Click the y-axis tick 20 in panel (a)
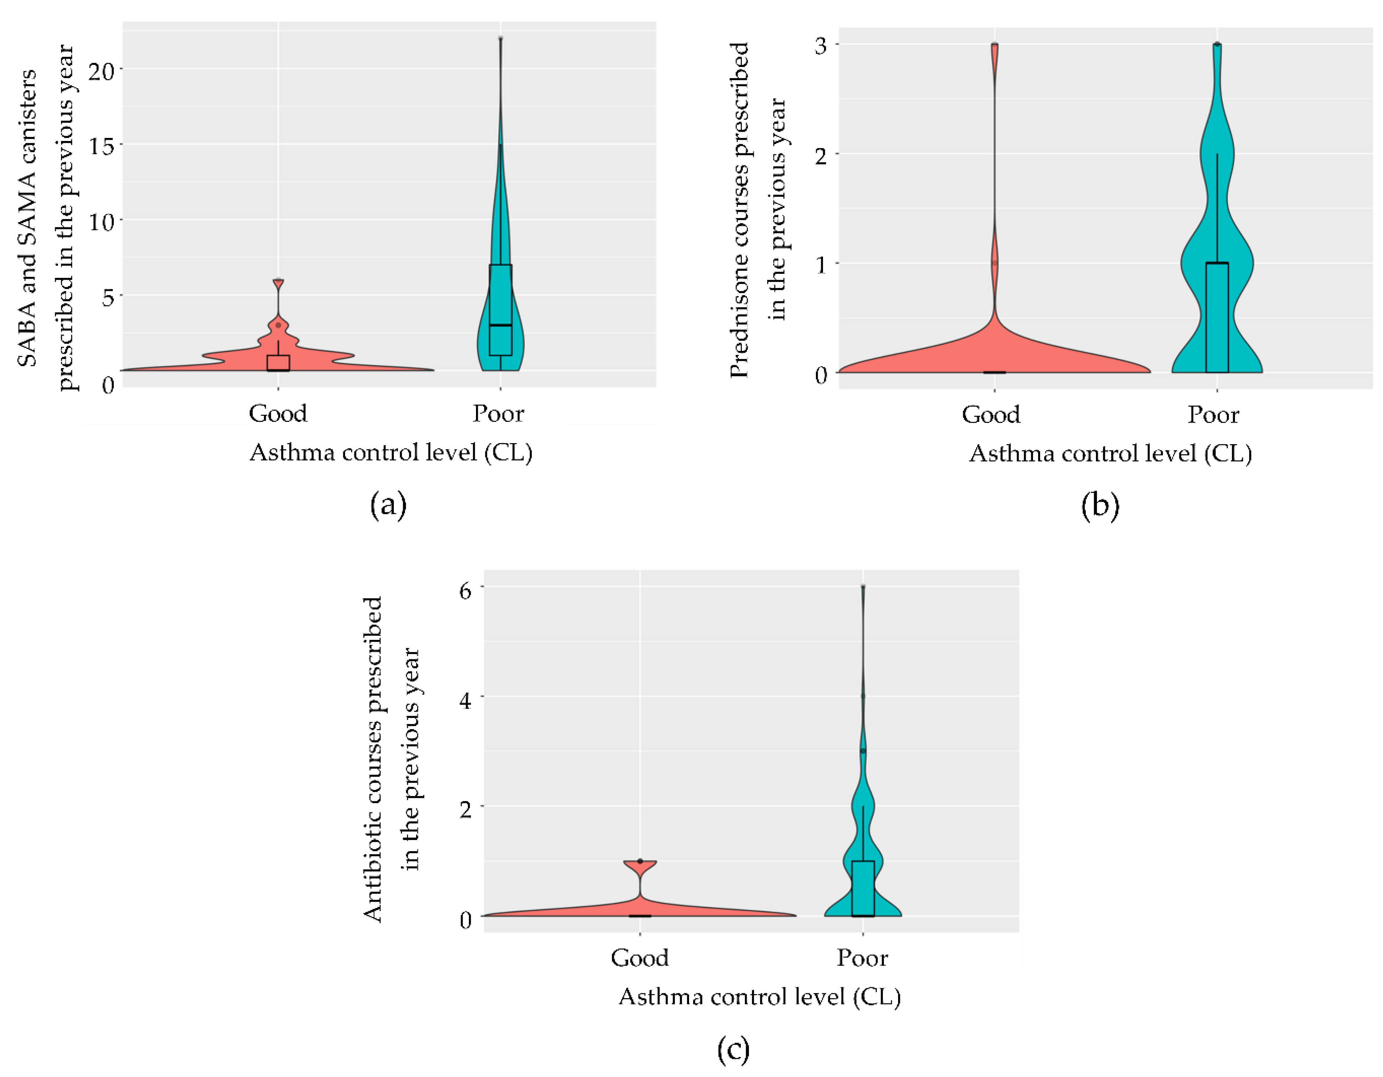pyautogui.click(x=101, y=70)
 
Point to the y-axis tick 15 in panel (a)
pyautogui.click(x=101, y=146)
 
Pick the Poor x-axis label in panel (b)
pyautogui.click(x=1213, y=415)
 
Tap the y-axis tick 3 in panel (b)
pyautogui.click(x=821, y=46)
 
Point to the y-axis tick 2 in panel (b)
pyautogui.click(x=821, y=155)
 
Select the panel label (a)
pyautogui.click(x=387, y=505)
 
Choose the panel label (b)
pyautogui.click(x=1100, y=506)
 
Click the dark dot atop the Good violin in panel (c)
pyautogui.click(x=640, y=861)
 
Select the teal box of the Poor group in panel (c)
pyautogui.click(x=862, y=888)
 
